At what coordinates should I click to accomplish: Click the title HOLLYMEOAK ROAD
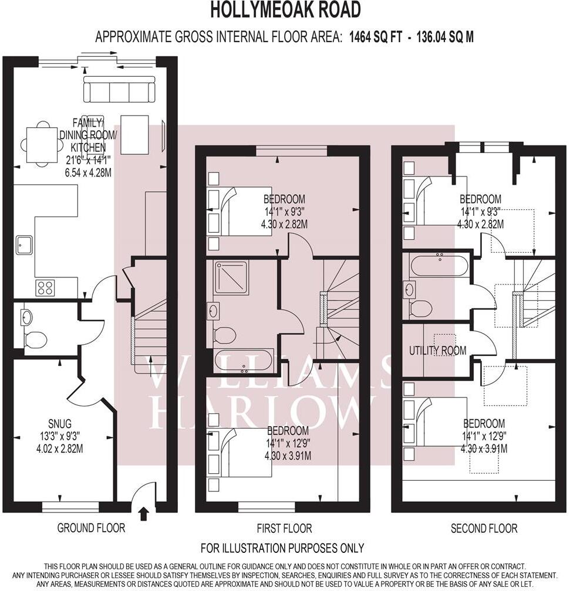tap(285, 10)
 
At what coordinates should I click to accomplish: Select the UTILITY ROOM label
tap(438, 351)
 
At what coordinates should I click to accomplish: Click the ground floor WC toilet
tap(36, 339)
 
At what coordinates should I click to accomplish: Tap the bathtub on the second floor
tap(439, 266)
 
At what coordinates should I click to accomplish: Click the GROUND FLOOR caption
tap(91, 528)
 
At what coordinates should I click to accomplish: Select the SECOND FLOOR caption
tap(484, 528)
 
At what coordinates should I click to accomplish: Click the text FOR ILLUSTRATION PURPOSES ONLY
tap(282, 549)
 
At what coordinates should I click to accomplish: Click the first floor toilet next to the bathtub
tap(225, 335)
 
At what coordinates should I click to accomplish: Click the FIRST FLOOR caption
tap(285, 528)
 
